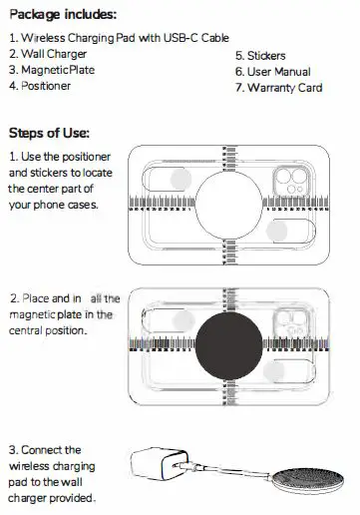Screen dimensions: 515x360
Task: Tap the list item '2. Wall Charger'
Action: (47, 54)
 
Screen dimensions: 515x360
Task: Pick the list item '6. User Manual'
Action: (272, 72)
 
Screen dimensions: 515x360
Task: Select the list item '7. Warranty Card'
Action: (278, 88)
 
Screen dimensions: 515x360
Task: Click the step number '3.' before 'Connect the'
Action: (13, 450)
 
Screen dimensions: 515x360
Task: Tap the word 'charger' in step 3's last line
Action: (28, 497)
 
